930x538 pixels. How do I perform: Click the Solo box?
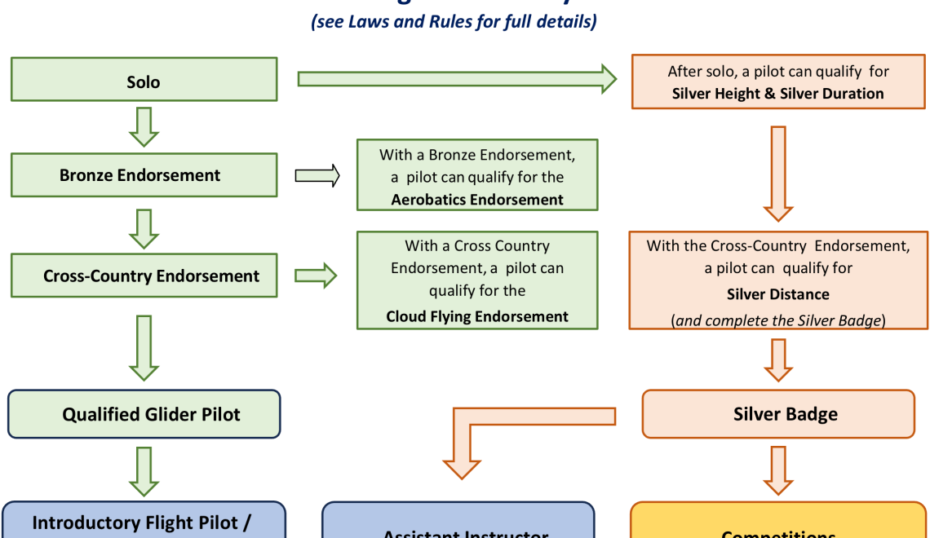point(144,82)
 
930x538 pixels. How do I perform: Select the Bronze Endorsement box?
point(144,175)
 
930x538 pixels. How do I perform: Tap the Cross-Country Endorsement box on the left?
point(144,276)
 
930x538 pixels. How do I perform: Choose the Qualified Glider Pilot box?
point(144,414)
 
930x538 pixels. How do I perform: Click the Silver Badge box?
point(778,414)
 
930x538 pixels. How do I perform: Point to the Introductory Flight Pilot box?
point(144,522)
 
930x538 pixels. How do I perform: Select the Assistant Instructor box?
point(458,526)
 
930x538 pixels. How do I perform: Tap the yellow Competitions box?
point(778,526)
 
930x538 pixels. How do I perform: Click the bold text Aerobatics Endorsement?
point(477,199)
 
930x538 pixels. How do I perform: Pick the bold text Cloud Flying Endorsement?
point(477,316)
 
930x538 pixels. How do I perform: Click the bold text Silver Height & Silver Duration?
point(777,93)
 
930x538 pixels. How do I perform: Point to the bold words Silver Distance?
point(777,294)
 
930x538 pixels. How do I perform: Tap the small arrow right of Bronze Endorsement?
point(317,175)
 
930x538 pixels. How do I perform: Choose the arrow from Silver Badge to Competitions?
point(778,469)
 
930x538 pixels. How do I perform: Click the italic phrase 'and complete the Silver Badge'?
point(778,320)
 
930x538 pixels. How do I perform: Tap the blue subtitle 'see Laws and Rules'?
point(454,21)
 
